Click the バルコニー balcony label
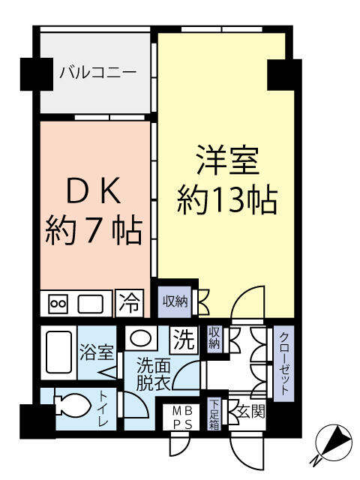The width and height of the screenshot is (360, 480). [97, 73]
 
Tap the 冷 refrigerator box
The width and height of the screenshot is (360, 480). [130, 303]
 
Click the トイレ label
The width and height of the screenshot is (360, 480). [103, 411]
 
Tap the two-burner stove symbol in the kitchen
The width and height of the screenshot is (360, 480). [58, 304]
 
